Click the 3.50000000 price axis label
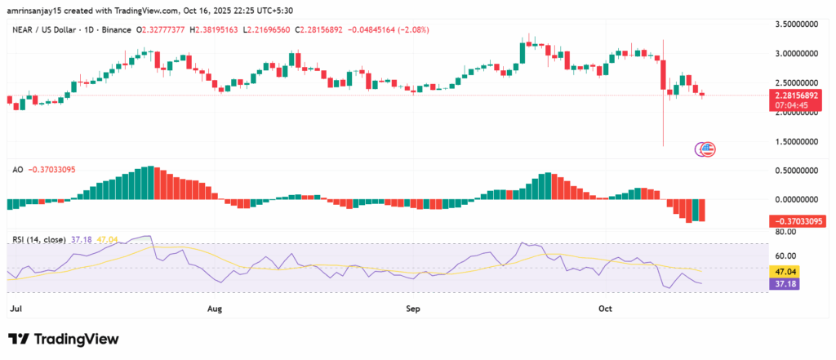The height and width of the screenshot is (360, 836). (797, 25)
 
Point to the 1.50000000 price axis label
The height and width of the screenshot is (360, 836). (797, 142)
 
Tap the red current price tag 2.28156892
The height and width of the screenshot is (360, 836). (797, 95)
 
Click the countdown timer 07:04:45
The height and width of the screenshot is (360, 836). (796, 105)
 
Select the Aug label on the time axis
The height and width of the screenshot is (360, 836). (215, 309)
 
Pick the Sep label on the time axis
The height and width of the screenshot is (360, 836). (413, 309)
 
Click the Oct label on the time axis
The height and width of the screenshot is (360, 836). (605, 309)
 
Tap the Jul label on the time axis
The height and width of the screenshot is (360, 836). (16, 309)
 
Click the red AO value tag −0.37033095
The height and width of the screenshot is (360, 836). (797, 221)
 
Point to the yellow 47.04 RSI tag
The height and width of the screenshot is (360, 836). (785, 270)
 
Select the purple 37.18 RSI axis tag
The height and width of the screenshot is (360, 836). (785, 282)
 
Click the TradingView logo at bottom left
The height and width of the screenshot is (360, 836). (63, 339)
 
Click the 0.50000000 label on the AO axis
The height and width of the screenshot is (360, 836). (797, 171)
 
